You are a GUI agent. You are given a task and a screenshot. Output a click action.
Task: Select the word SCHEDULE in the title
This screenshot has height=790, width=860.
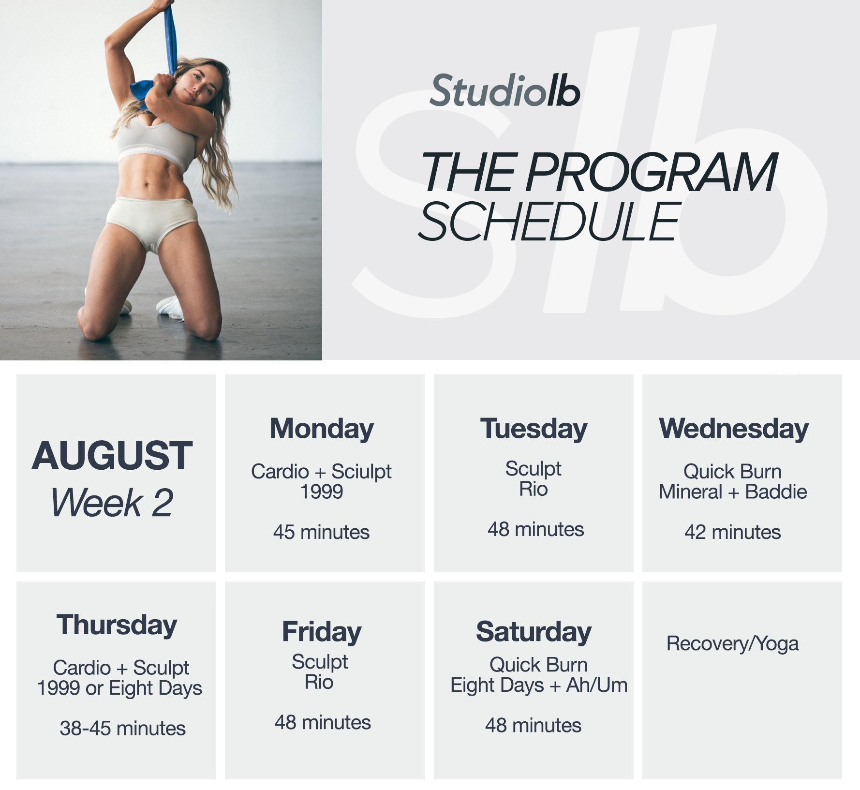549,222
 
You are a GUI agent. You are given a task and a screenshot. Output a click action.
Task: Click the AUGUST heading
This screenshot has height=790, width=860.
112,456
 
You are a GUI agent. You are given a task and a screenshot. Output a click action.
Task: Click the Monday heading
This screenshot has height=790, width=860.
322,429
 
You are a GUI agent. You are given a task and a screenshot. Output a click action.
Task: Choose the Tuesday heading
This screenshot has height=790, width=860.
534,429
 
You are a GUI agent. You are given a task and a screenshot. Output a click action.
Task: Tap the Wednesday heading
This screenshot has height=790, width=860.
733,429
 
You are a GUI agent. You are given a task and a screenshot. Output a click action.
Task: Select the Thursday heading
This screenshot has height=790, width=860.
117,625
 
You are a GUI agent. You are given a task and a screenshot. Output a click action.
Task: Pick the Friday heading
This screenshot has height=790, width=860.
322,632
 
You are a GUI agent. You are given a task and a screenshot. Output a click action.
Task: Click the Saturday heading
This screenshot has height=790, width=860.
534,632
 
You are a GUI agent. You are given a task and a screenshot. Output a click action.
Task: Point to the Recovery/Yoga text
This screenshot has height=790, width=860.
732,644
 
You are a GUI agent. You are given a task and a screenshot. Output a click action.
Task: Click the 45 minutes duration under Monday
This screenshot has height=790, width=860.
321,532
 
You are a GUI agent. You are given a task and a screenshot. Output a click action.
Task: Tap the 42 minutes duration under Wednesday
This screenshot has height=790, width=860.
732,532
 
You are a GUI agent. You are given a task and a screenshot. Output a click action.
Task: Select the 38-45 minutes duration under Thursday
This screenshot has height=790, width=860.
122,728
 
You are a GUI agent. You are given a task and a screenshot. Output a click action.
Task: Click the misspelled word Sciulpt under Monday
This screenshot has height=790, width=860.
361,472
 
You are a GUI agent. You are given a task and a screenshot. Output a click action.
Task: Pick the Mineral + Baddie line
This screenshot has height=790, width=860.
732,492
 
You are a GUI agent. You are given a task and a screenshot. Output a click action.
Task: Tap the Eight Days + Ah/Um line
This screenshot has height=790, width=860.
538,685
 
